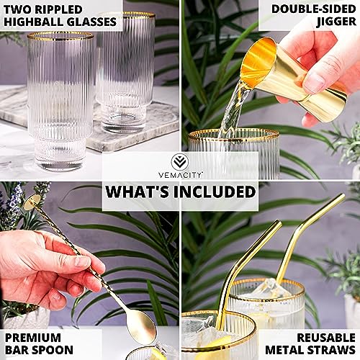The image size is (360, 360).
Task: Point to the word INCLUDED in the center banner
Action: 215,192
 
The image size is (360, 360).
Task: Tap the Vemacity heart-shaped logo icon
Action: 179,161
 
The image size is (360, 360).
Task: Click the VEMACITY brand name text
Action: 179,174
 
